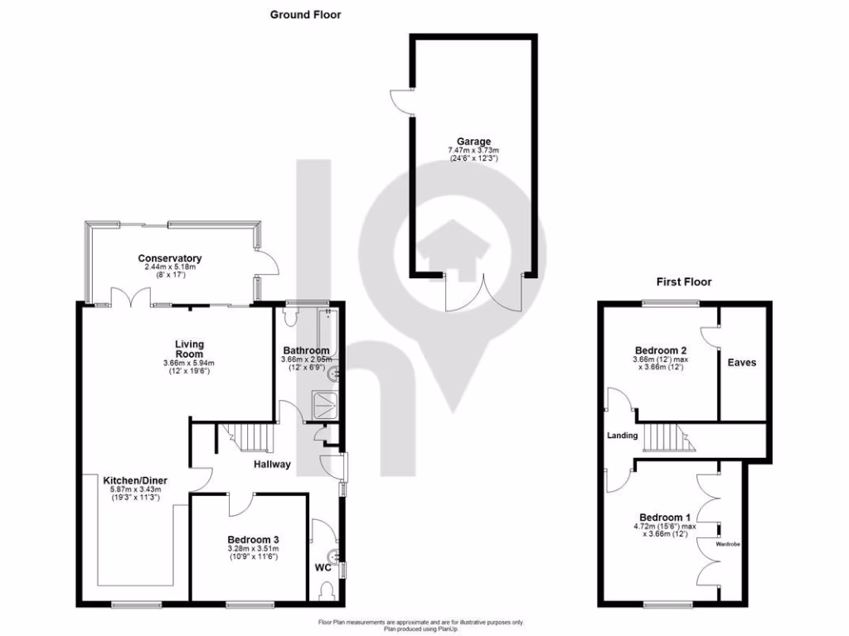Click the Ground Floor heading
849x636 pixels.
(x=306, y=14)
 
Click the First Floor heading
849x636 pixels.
(x=684, y=282)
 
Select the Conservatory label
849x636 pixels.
(x=169, y=258)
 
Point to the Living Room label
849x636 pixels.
(x=189, y=349)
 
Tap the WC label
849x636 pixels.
(x=323, y=568)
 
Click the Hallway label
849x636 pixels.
(x=272, y=465)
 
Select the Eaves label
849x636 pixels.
(x=741, y=362)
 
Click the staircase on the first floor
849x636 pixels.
(x=669, y=436)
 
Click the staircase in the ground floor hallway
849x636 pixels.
(x=247, y=436)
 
